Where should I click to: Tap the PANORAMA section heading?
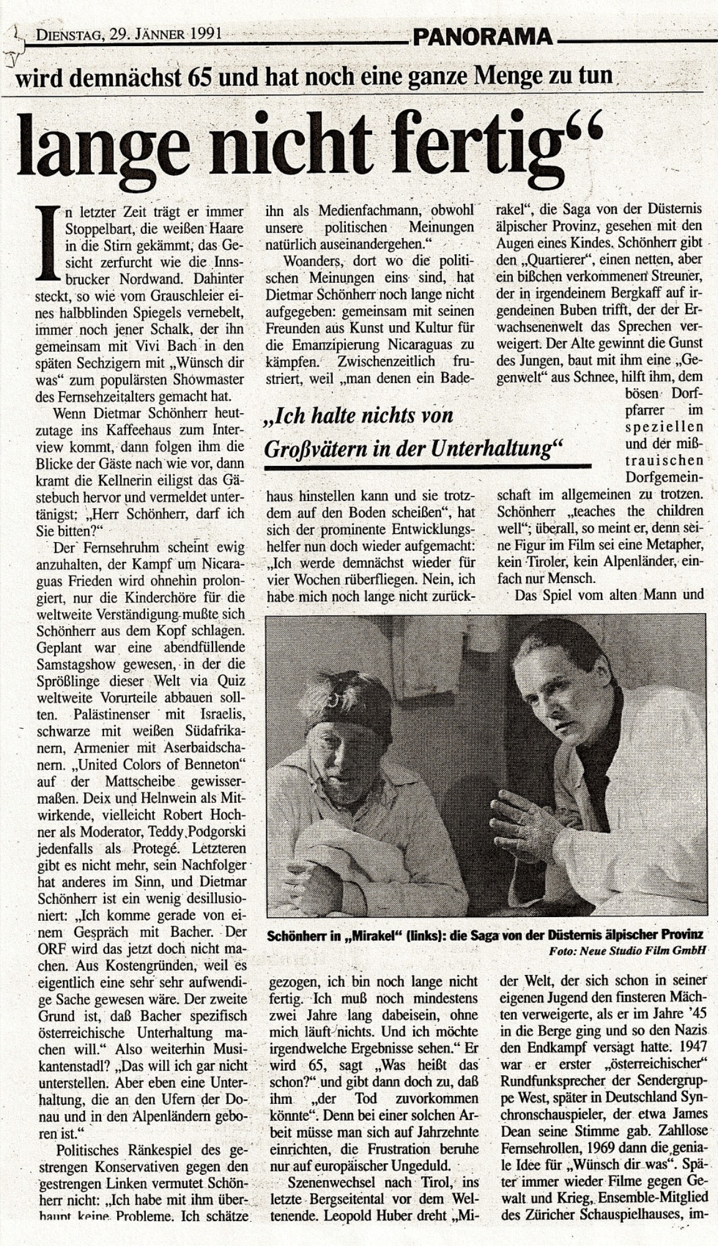click(x=482, y=37)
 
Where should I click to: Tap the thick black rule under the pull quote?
click(x=428, y=465)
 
